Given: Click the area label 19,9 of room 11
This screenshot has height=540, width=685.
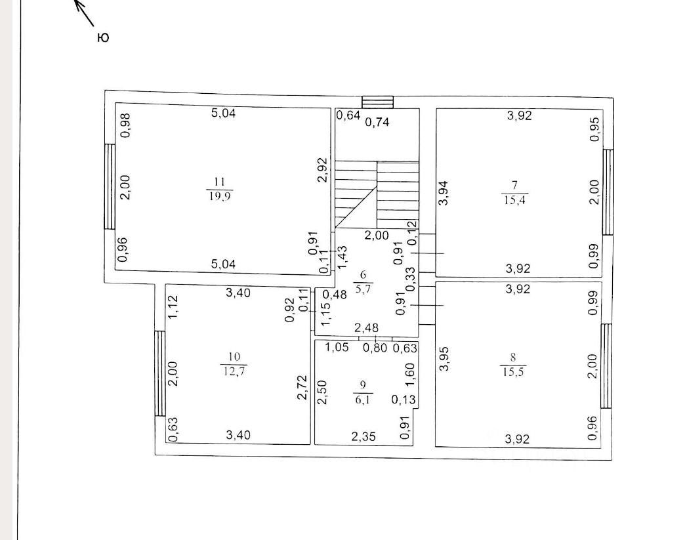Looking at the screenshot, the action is [220, 196].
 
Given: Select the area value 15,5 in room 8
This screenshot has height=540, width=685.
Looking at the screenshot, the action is [513, 370].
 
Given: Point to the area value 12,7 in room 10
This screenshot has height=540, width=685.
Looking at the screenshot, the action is [234, 369].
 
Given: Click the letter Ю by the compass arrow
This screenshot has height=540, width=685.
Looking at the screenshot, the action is [102, 38].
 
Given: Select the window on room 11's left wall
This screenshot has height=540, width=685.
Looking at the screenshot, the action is [110, 186].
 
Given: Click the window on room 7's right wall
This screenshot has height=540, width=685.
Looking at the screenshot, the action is [608, 192].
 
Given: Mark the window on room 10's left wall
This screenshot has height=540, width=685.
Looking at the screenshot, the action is [159, 373].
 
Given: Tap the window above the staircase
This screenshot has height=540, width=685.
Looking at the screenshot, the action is [378, 102].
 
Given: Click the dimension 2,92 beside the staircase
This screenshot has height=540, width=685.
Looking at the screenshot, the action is [322, 169].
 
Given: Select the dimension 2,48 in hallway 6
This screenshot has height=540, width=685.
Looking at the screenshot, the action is [366, 327].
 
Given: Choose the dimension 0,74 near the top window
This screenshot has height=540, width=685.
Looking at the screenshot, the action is [377, 121].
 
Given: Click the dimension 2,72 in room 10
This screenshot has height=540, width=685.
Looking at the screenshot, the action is [302, 388].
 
